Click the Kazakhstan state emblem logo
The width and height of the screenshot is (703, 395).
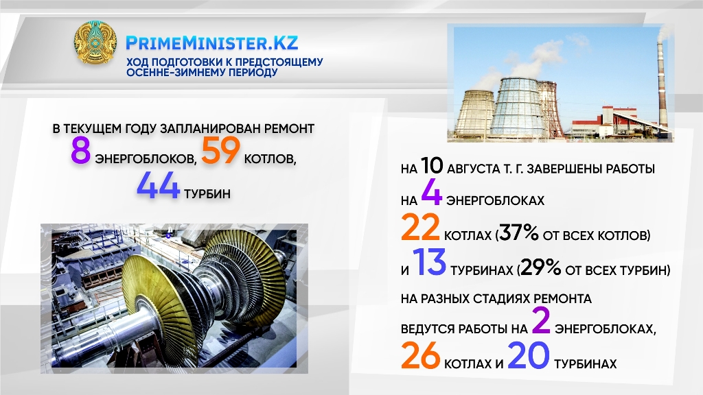tap(95, 43)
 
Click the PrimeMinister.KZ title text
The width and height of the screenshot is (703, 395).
tap(211, 43)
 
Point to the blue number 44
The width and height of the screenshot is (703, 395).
tap(159, 185)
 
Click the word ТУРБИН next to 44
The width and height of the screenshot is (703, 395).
tap(207, 193)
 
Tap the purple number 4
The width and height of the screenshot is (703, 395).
tap(432, 193)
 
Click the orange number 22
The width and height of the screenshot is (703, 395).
tap(420, 227)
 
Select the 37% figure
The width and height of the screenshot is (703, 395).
tap(518, 233)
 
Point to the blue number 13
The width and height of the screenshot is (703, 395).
tap(429, 262)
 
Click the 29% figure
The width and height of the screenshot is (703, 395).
tap(541, 268)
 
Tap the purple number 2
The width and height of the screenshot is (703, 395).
tap(541, 321)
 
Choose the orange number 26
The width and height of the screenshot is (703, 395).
tap(421, 356)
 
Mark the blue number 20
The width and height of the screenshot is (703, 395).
tap(529, 356)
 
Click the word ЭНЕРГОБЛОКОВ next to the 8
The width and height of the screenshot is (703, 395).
tap(146, 159)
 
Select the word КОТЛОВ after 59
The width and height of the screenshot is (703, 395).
tap(270, 159)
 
